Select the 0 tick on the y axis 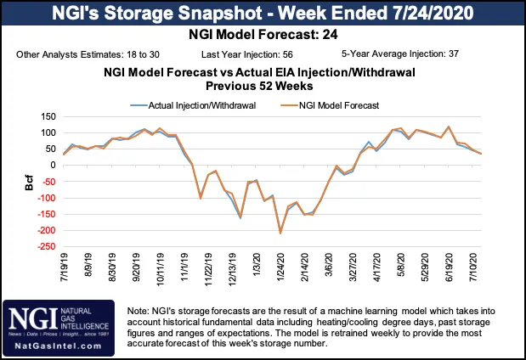[x=52, y=166]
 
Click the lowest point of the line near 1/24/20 [x=280, y=233]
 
